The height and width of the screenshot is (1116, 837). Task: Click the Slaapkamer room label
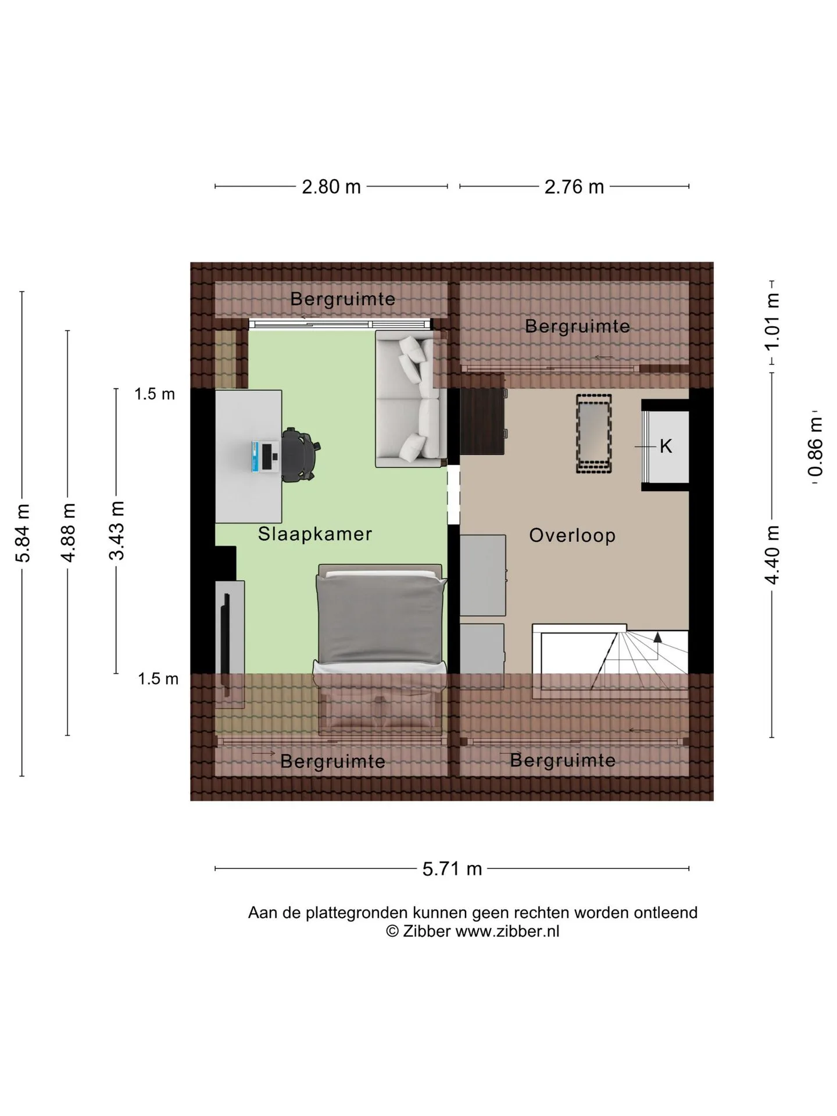[315, 534]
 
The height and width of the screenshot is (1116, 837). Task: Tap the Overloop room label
[573, 535]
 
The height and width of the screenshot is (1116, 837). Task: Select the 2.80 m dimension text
[331, 187]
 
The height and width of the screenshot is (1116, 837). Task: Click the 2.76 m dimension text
[574, 187]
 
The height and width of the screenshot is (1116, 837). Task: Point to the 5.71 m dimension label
[452, 869]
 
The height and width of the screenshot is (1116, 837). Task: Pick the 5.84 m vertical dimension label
[22, 533]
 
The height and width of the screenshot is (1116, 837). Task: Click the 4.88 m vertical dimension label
[67, 532]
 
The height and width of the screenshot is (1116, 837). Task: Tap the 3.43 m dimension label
[117, 530]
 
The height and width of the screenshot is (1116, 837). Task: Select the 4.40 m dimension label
[772, 555]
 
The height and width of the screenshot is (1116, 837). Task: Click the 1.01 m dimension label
[772, 322]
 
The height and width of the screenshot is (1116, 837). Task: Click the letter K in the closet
[666, 446]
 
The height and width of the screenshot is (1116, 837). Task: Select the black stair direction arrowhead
[657, 636]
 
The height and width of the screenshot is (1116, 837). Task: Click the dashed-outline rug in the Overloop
[593, 434]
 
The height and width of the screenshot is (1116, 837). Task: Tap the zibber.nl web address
[507, 931]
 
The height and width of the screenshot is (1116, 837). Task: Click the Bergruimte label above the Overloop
[577, 326]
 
